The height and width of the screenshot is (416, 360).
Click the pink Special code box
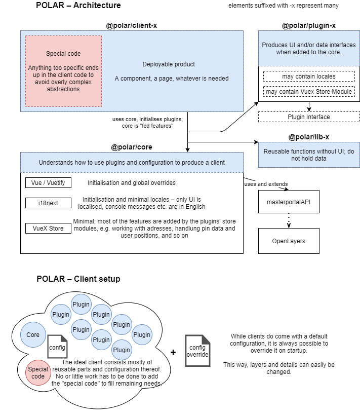(63, 71)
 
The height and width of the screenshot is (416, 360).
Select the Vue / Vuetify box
(49, 182)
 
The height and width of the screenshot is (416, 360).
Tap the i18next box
(49, 203)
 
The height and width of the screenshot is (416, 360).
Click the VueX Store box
(49, 228)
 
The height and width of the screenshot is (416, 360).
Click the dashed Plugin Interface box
(309, 117)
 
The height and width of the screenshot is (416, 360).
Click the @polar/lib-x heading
(309, 137)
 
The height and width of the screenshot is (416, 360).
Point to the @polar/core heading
(132, 147)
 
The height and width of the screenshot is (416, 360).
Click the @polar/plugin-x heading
(309, 25)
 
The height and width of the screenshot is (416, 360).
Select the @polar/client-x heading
(132, 25)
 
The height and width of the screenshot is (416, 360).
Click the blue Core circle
(33, 335)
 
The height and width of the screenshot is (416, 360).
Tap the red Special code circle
(38, 373)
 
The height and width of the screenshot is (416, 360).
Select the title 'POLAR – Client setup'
(78, 279)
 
